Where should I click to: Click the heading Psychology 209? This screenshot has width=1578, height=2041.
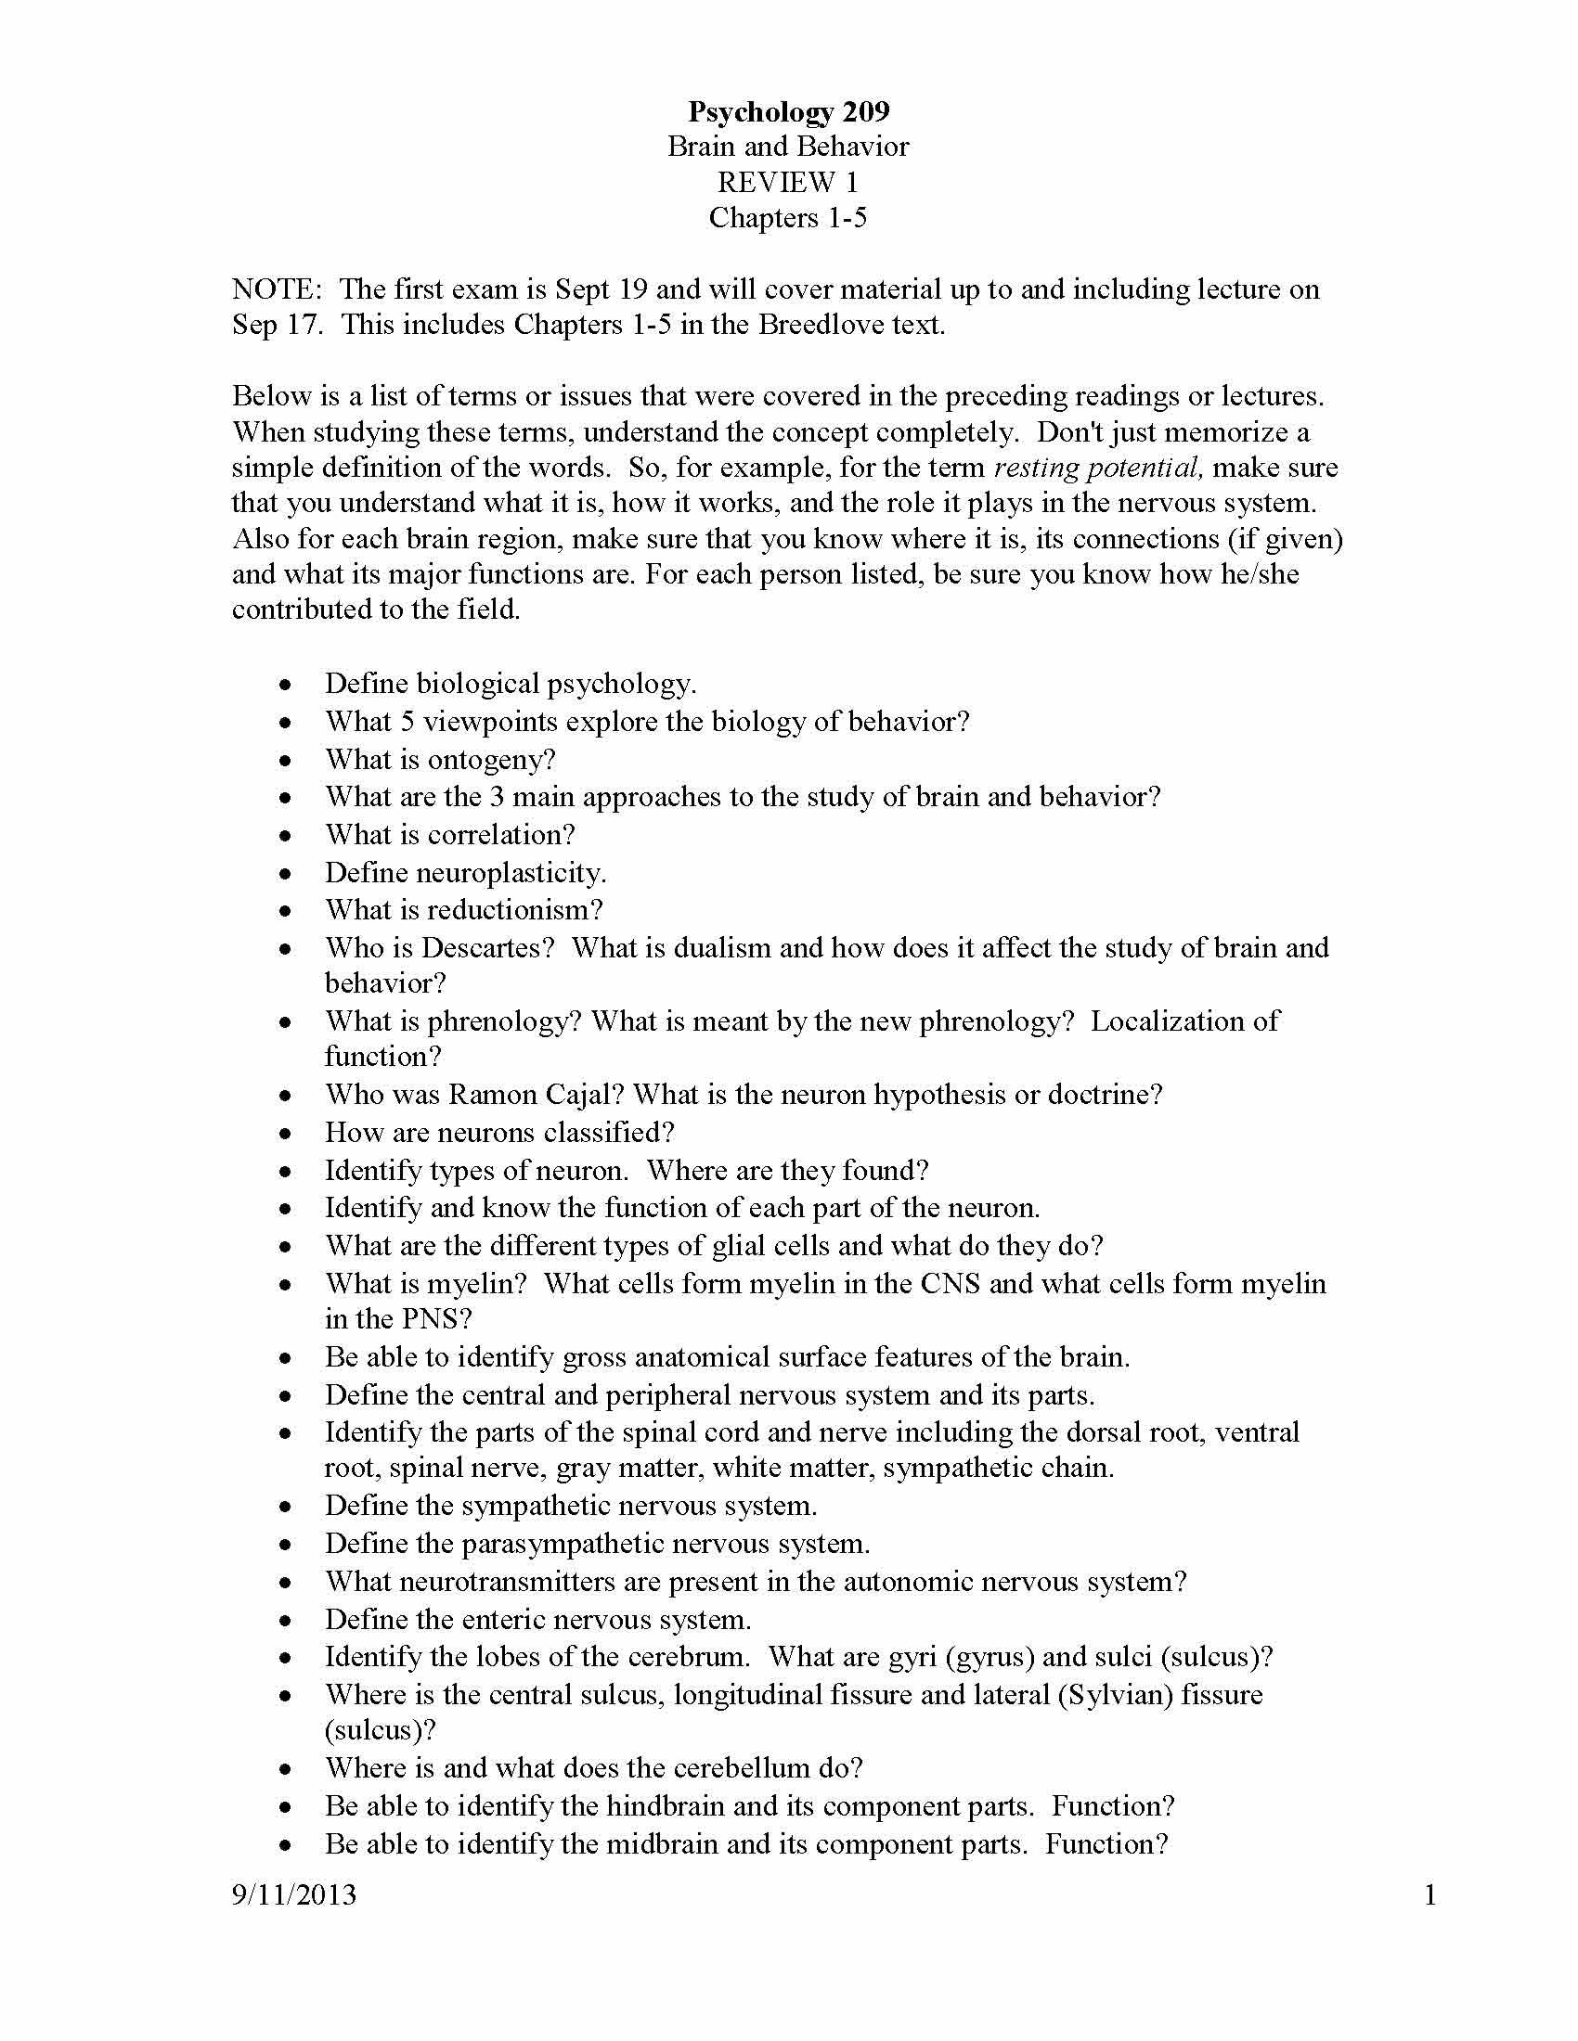tap(788, 112)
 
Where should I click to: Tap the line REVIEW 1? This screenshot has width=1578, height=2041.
tap(788, 182)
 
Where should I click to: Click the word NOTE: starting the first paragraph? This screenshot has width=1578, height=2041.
tap(277, 289)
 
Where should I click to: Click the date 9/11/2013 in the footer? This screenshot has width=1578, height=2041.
tap(294, 1895)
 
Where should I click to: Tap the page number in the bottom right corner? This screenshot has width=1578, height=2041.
tap(1429, 1895)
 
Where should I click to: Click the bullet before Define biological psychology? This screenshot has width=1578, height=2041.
tap(285, 685)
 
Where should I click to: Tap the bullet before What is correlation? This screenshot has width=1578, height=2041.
tap(285, 836)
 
